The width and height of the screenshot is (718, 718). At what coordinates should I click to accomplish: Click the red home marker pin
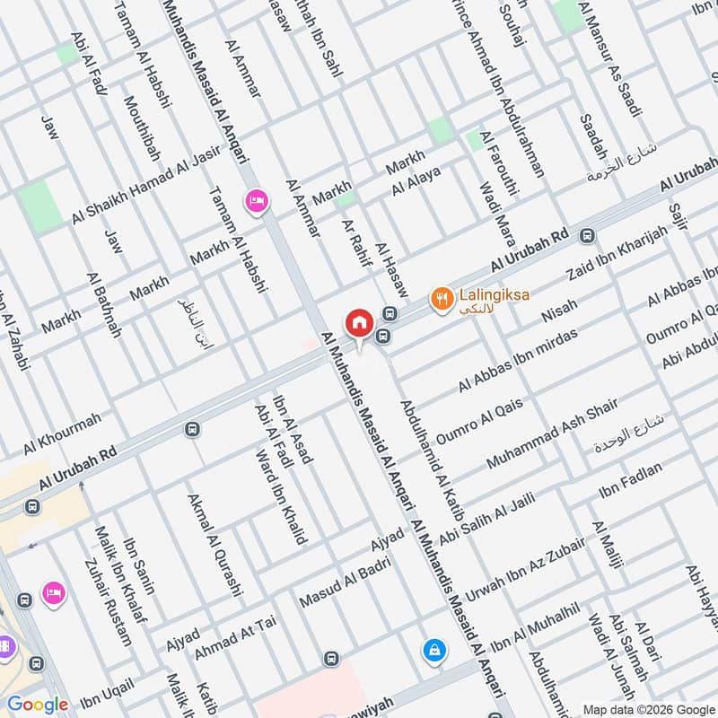point(359,322)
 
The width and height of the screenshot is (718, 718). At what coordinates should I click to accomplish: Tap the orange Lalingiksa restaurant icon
point(441,298)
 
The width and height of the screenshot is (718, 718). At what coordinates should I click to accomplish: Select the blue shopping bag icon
point(433,649)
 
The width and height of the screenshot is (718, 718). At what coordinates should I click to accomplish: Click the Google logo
point(38,705)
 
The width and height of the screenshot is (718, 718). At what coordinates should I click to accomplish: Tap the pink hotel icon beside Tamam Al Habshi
point(256,201)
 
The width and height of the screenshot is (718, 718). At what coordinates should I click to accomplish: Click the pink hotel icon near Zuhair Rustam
point(53,593)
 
